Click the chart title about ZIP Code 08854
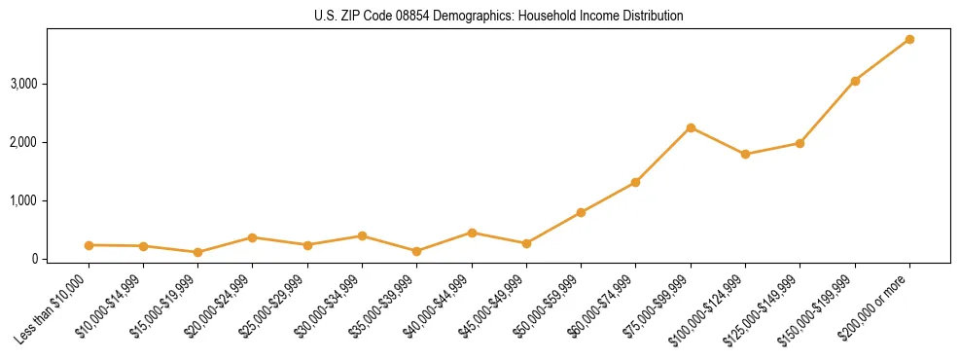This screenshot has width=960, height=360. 498,17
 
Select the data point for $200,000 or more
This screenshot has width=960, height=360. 909,39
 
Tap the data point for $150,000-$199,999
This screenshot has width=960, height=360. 855,81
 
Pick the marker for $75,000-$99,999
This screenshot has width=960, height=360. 691,127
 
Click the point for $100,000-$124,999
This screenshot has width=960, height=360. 745,154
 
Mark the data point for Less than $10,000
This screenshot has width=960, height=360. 89,245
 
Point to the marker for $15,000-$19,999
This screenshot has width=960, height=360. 197,252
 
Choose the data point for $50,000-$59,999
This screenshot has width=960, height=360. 581,212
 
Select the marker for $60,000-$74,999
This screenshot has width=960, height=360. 635,182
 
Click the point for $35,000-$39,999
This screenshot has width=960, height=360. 417,251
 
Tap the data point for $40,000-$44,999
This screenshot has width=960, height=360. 472,233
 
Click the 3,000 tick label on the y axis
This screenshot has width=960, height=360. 23,84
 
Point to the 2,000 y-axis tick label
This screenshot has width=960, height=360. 23,142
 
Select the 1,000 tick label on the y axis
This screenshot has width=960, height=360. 23,200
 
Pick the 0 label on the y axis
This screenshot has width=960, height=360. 34,259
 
